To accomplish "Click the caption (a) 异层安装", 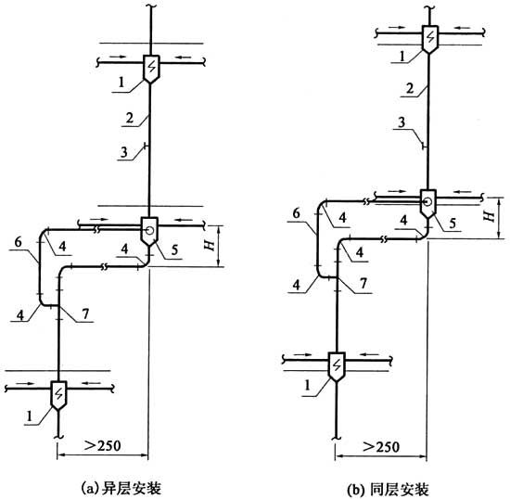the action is (x=121, y=489).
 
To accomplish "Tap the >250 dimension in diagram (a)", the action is (x=102, y=445).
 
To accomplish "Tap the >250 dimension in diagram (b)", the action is (x=381, y=447).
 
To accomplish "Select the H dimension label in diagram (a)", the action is (x=210, y=245).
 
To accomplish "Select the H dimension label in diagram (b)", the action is (x=489, y=215).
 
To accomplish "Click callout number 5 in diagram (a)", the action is (x=174, y=249).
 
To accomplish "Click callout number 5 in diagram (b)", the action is (x=453, y=223).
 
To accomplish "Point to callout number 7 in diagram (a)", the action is (x=85, y=313).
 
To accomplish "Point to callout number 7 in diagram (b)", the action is (x=363, y=284).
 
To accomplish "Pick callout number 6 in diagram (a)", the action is (x=19, y=242).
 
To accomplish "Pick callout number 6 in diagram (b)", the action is (x=297, y=213).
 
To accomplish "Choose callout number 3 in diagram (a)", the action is (x=124, y=152).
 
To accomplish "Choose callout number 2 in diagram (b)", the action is (x=411, y=88).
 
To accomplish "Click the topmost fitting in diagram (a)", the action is (x=151, y=69).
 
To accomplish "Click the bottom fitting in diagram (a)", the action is (x=58, y=395).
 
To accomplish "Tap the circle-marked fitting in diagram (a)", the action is (x=149, y=231).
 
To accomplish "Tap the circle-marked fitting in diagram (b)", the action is (x=428, y=204).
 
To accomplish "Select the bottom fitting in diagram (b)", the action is (x=337, y=367).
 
